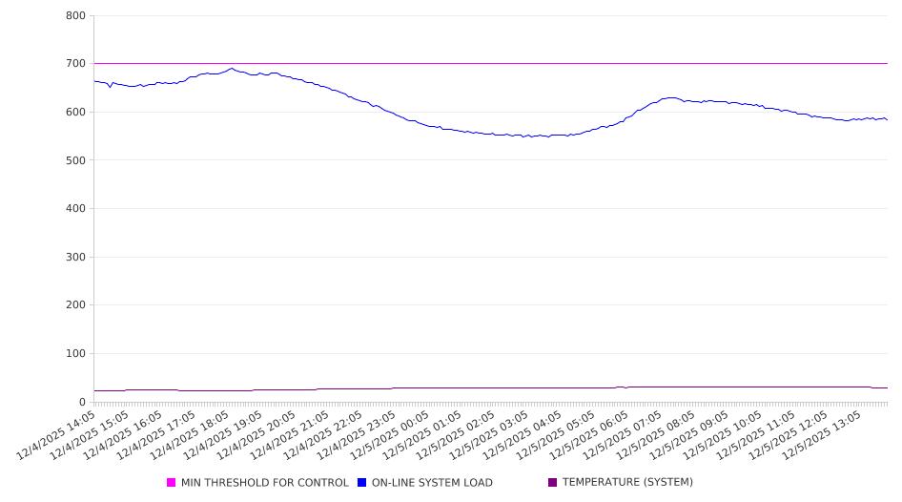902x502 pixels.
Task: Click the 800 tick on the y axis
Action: click(x=76, y=16)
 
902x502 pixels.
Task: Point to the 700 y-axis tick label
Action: click(x=76, y=64)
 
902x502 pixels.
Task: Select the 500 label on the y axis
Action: click(x=76, y=160)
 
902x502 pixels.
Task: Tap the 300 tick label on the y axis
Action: click(x=76, y=257)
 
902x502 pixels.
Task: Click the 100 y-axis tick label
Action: click(x=76, y=354)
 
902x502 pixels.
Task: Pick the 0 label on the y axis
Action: click(x=83, y=402)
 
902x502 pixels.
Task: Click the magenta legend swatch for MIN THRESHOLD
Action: click(x=172, y=483)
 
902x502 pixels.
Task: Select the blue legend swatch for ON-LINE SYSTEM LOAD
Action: click(x=362, y=483)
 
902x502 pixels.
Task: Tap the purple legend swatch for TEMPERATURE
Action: click(x=553, y=483)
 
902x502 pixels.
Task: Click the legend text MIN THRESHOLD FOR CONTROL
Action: click(x=264, y=483)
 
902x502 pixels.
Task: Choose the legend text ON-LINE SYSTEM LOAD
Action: click(x=432, y=483)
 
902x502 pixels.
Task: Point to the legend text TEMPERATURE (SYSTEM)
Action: click(x=627, y=483)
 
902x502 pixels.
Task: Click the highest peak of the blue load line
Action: click(x=232, y=68)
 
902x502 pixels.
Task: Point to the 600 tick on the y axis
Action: click(x=76, y=112)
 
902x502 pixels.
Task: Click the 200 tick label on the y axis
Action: click(x=76, y=305)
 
